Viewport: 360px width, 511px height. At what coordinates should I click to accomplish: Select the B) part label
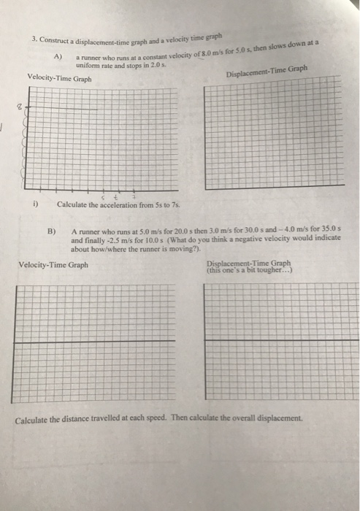click(x=51, y=231)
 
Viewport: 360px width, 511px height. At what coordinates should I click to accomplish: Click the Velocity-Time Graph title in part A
click(x=59, y=77)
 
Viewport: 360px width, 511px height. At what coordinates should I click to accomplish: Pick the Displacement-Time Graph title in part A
click(x=267, y=72)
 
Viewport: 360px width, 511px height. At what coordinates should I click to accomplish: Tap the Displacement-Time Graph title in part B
click(x=248, y=263)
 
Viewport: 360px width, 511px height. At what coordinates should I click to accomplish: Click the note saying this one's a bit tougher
click(x=249, y=269)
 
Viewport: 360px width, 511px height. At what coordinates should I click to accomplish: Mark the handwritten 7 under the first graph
click(x=134, y=196)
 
